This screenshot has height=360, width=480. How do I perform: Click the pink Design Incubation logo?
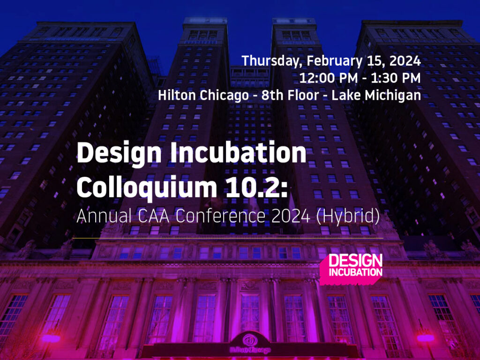(352, 268)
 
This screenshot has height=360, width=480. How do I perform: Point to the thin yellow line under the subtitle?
(230, 238)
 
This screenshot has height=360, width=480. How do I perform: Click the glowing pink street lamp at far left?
(51, 338)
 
